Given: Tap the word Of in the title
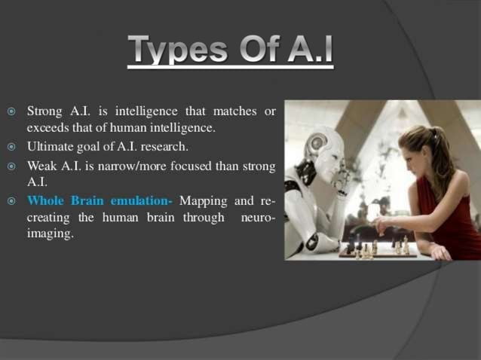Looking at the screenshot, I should (x=258, y=50).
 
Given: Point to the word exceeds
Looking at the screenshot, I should (x=47, y=128).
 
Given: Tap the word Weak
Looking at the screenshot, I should (x=43, y=165).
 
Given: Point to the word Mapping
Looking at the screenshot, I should (x=204, y=201).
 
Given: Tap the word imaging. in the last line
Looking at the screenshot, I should (x=51, y=234).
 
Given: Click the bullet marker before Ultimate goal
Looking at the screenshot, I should (x=11, y=147).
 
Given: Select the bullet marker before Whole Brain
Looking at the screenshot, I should (x=11, y=202).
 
